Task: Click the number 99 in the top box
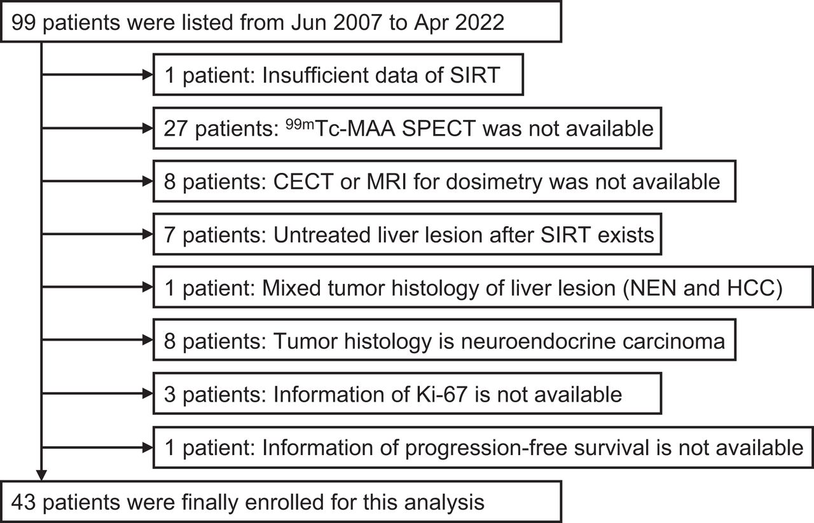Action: pos(24,22)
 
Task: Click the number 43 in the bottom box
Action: pos(24,503)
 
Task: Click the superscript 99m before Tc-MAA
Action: pos(300,125)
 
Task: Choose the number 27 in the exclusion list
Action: pos(176,128)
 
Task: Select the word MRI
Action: pos(387,182)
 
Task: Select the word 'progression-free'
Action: pos(486,448)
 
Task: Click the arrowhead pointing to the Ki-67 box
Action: pos(148,393)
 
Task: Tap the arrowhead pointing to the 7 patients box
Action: pos(148,234)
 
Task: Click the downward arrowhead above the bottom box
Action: pos(41,475)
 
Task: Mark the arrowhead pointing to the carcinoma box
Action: pos(148,340)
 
